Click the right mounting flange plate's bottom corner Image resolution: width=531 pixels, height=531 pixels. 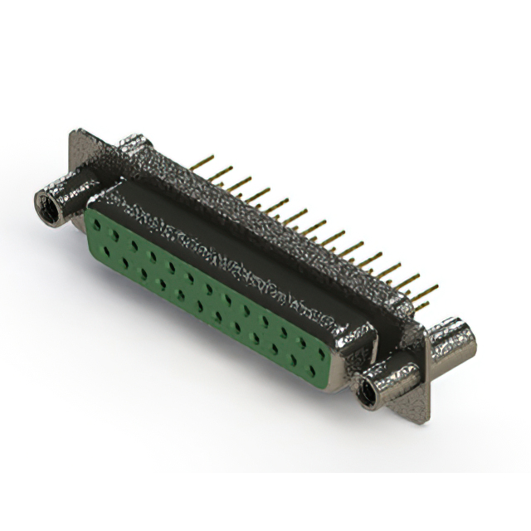point(425,415)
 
